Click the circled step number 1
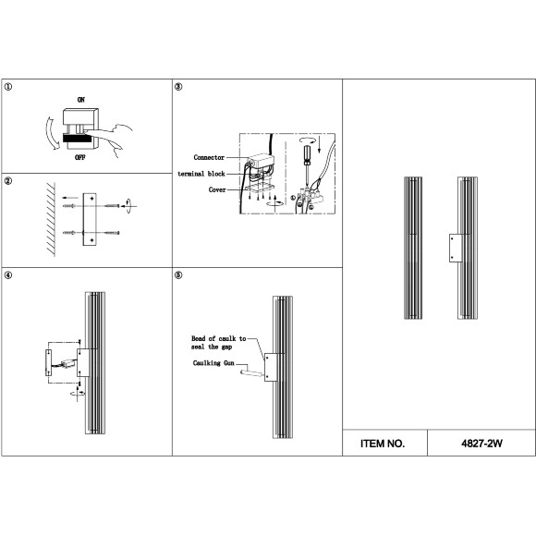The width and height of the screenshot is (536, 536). pos(8,87)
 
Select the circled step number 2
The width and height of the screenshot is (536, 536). pos(8,181)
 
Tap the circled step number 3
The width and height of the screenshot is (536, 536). pos(178,87)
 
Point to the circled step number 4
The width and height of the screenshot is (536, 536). pos(8,275)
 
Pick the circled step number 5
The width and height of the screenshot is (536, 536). pos(178,275)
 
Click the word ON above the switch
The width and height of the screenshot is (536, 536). pos(81,100)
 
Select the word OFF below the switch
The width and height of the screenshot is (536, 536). pos(80,157)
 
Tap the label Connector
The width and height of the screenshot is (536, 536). pos(209,157)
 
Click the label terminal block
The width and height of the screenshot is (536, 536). pos(201,174)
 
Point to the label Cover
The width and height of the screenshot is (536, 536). pos(217,189)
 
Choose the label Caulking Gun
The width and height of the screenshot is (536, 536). pos(213,363)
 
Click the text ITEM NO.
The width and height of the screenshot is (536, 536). pos(383,444)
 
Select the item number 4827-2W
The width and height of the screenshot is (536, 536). pos(481,444)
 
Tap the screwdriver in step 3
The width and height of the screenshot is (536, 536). pos(308,166)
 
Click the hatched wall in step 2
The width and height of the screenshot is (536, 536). pos(51,219)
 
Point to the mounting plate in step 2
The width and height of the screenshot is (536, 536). pos(90,219)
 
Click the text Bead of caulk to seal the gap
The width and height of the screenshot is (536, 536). pos(219,343)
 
